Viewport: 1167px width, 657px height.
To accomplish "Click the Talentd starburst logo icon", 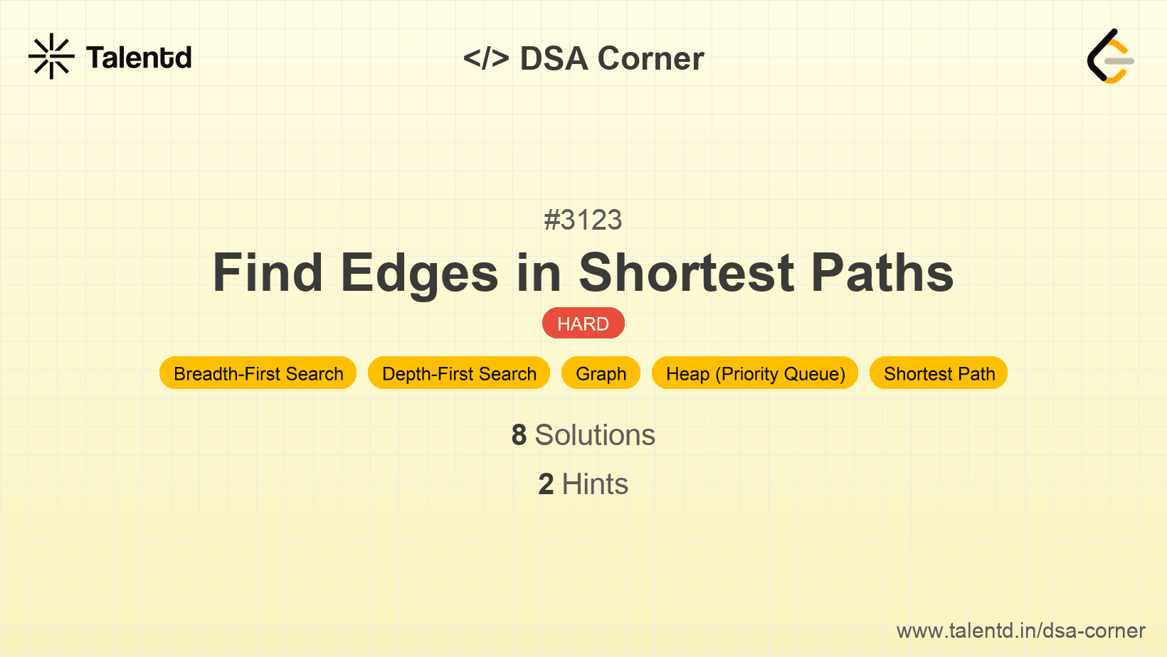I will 51,56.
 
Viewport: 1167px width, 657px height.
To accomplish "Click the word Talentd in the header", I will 139,58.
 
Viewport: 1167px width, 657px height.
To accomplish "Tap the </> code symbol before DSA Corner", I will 486,58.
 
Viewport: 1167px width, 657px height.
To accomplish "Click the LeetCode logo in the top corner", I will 1110,56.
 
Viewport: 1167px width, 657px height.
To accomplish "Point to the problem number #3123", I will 583,220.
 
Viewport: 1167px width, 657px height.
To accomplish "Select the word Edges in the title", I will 419,274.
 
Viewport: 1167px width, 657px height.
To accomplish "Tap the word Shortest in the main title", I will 686,273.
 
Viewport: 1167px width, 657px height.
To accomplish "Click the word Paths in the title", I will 882,273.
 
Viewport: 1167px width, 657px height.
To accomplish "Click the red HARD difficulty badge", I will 583,324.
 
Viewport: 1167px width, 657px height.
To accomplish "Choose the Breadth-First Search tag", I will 258,373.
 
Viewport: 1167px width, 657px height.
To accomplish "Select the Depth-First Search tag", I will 459,373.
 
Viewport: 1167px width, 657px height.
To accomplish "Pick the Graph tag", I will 601,373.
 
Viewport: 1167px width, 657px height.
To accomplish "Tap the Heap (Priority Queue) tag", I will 755,373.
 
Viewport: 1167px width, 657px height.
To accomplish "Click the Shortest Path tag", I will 939,373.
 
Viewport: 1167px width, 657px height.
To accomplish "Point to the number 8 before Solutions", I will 519,435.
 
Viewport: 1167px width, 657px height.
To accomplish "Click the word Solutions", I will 595,435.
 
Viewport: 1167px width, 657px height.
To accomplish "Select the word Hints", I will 595,484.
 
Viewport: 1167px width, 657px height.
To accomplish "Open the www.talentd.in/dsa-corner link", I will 1020,631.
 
